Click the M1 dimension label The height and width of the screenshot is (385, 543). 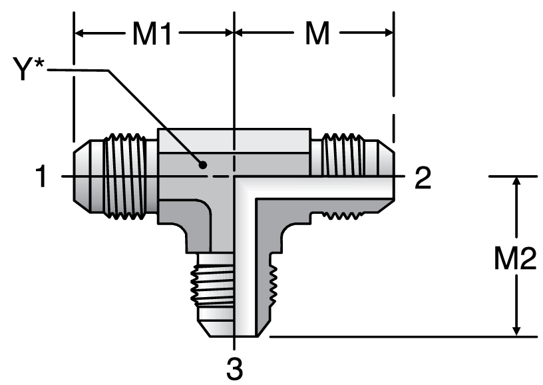tap(152, 34)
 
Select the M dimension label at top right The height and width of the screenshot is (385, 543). tap(317, 34)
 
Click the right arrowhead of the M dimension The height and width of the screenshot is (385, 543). tap(388, 33)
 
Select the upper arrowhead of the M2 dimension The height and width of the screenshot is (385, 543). tap(516, 183)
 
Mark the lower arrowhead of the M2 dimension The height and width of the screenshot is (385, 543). tap(516, 331)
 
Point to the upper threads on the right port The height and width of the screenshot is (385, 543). tap(342, 153)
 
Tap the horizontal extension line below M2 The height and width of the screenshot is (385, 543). tap(399, 337)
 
